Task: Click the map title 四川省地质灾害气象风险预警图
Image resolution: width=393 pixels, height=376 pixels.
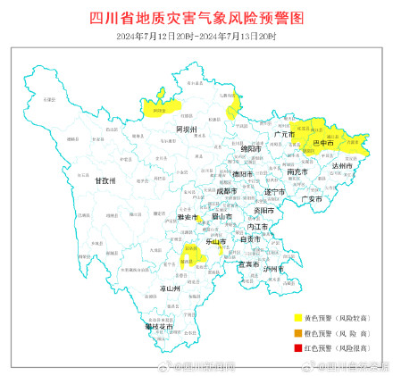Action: [196, 17]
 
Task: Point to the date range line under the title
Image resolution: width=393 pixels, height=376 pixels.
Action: [196, 36]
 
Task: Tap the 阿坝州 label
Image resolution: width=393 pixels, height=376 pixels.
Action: [186, 129]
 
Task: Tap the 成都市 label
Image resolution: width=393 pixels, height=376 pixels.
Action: [226, 190]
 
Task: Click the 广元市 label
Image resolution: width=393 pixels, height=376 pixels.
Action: [285, 134]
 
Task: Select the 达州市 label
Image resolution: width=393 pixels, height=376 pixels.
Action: [343, 166]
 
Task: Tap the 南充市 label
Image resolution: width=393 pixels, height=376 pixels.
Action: [298, 171]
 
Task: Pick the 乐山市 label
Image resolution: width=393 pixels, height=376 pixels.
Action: [215, 241]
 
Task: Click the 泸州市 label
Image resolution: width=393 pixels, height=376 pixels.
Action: [273, 269]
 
